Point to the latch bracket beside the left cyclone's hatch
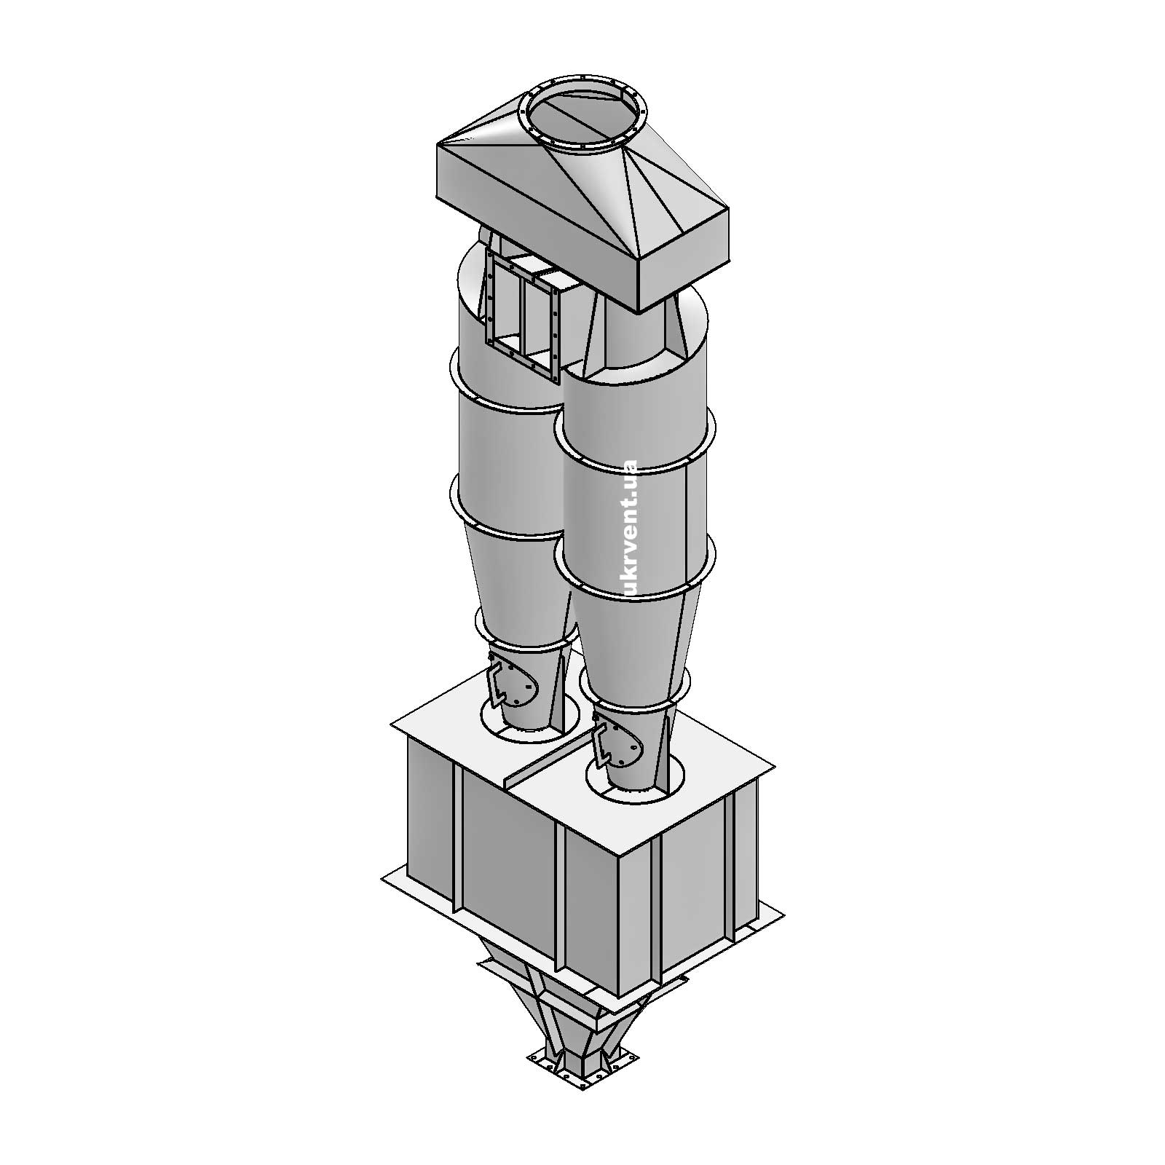click(x=498, y=681)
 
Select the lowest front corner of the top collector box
click(x=639, y=309)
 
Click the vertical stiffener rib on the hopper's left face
click(x=457, y=837)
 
